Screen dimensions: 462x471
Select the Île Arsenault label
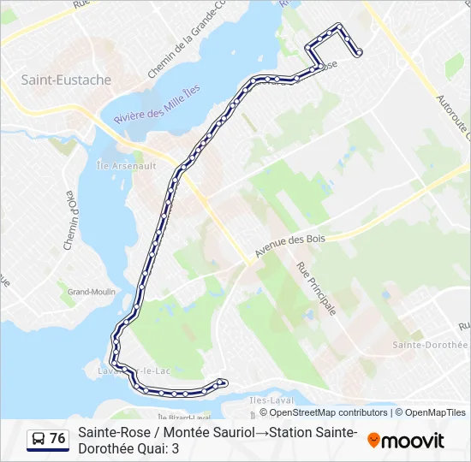(x=126, y=166)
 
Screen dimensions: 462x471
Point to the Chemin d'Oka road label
(x=72, y=221)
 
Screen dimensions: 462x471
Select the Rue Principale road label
(x=316, y=287)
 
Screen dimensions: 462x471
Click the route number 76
(x=57, y=439)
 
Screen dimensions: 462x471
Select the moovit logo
(x=406, y=441)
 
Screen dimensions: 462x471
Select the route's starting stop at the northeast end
(x=358, y=53)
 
